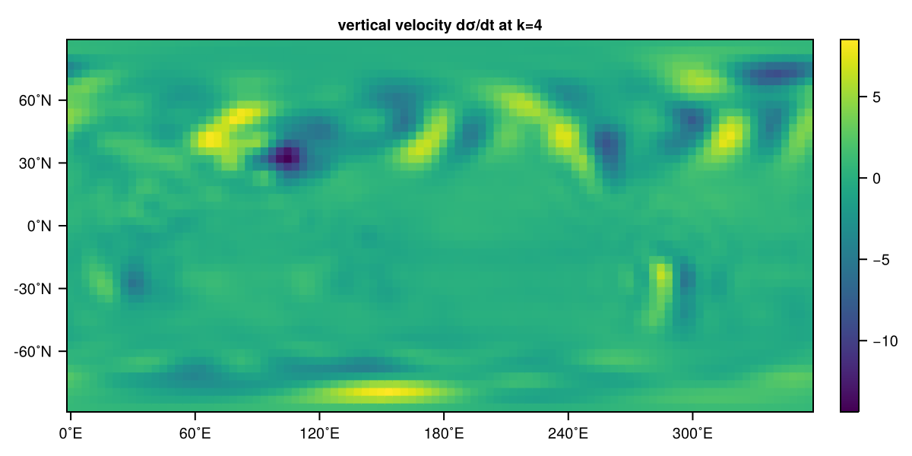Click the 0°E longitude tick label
coord(71,435)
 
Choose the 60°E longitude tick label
coord(195,435)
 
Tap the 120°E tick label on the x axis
coord(318,435)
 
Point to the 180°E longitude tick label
coord(443,435)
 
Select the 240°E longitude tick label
coord(568,435)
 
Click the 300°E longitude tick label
coord(692,435)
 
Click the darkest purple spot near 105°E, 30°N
coord(286,157)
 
